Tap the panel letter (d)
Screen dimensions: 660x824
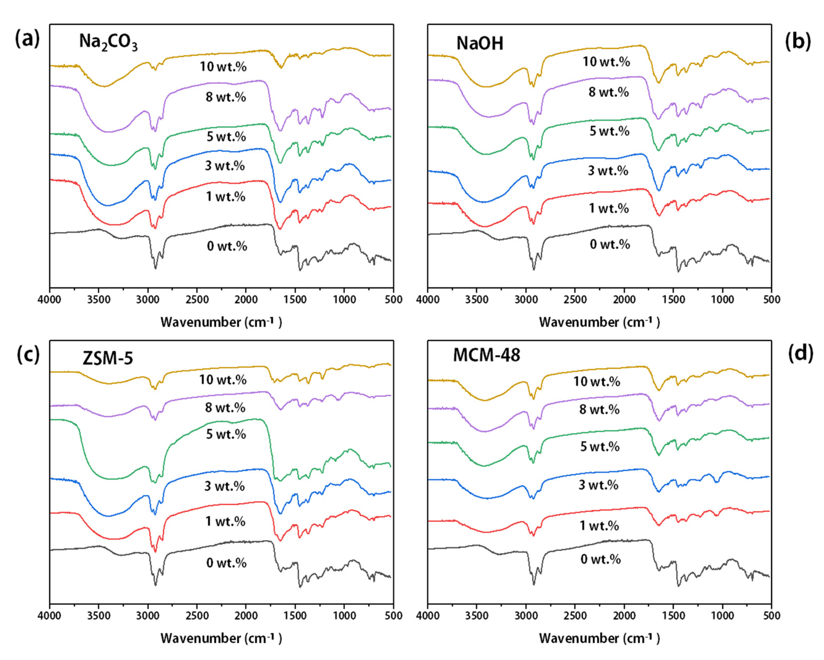pyautogui.click(x=800, y=354)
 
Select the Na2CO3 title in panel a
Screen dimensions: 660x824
pyautogui.click(x=108, y=42)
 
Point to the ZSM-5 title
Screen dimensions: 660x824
pyautogui.click(x=108, y=358)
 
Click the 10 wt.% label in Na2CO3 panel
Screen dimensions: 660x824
pyautogui.click(x=223, y=67)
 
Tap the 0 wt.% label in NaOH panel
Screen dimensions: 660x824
pyautogui.click(x=610, y=244)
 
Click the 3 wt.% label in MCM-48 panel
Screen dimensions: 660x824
pyautogui.click(x=599, y=485)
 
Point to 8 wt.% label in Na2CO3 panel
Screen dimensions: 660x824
pyautogui.click(x=225, y=97)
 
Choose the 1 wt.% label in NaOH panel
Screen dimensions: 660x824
pyautogui.click(x=609, y=208)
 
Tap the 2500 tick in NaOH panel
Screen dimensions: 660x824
pyautogui.click(x=575, y=300)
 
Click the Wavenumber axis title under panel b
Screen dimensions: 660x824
pyautogui.click(x=599, y=322)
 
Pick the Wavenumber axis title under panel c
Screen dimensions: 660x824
pyautogui.click(x=221, y=638)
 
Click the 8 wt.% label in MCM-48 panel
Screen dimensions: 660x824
pyautogui.click(x=599, y=410)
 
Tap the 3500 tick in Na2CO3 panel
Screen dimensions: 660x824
pyautogui.click(x=99, y=300)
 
